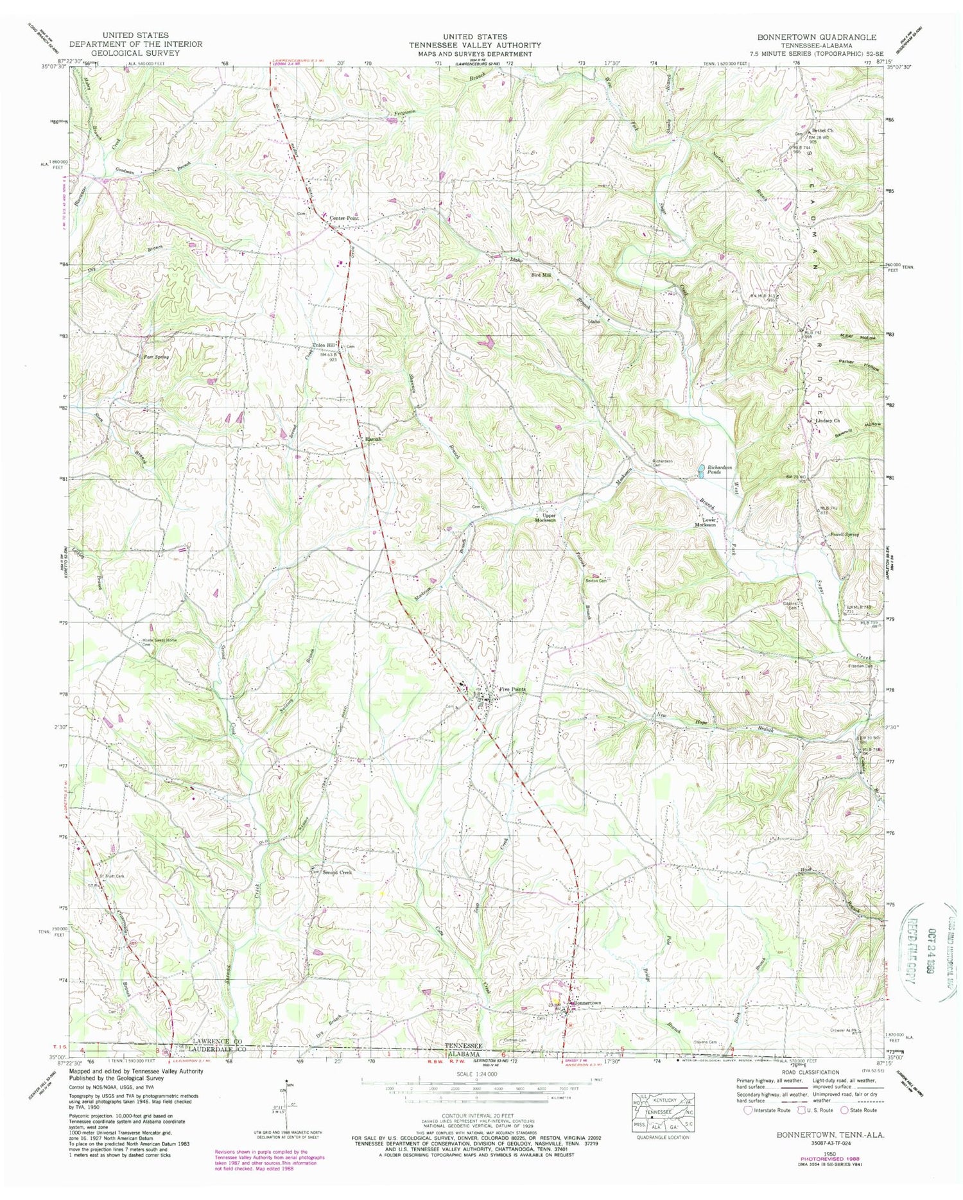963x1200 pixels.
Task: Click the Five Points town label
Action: coord(512,690)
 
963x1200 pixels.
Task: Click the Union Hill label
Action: coord(324,343)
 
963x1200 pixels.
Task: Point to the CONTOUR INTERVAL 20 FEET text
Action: coord(476,1117)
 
